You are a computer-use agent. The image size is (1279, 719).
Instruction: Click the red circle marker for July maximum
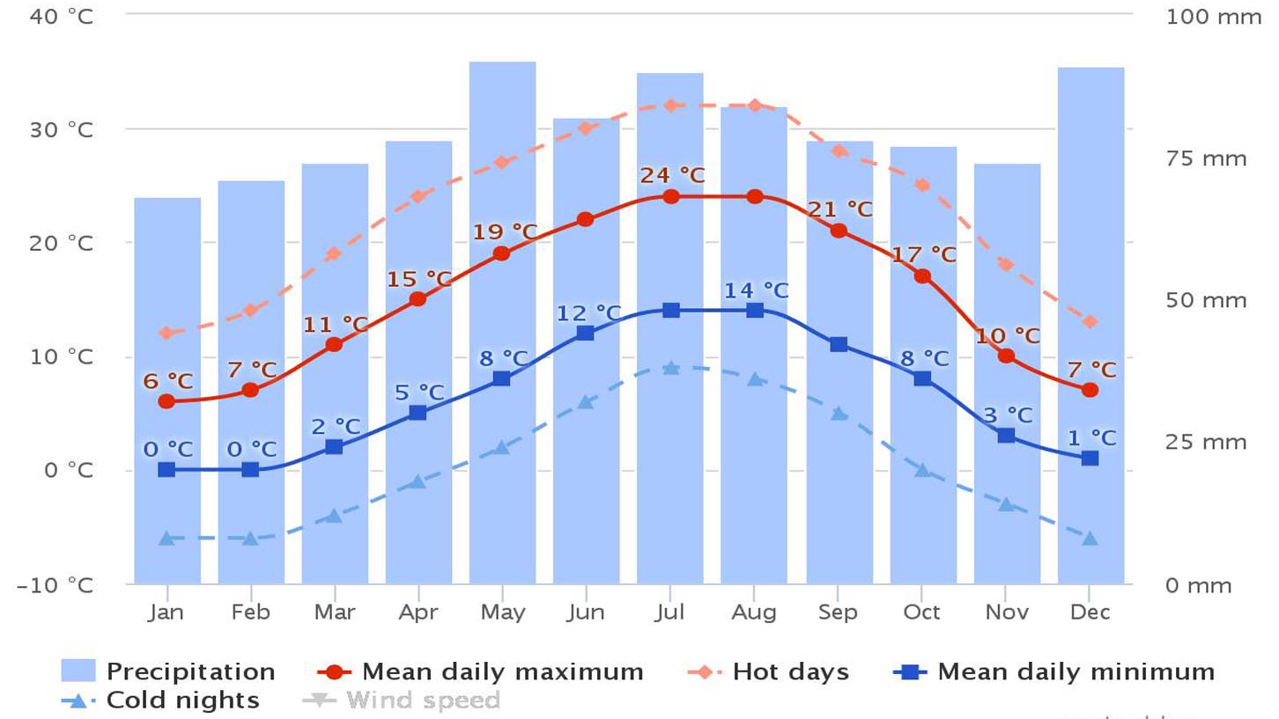coord(671,196)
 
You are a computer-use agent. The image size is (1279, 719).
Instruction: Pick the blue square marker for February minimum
coord(250,469)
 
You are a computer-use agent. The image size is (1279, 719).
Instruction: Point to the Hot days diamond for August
coord(755,106)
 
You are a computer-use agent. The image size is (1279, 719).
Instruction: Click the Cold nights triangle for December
coord(1090,538)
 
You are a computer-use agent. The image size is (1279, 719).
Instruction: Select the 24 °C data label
coord(672,175)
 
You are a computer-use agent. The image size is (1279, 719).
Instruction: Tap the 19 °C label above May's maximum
coord(505,232)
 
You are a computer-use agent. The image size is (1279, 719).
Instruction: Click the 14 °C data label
coord(756,290)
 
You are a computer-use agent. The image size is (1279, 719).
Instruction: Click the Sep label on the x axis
coord(838,613)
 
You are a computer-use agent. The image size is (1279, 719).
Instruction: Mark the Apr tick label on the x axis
coord(418,613)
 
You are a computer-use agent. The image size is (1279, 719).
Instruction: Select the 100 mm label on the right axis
coord(1214,17)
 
